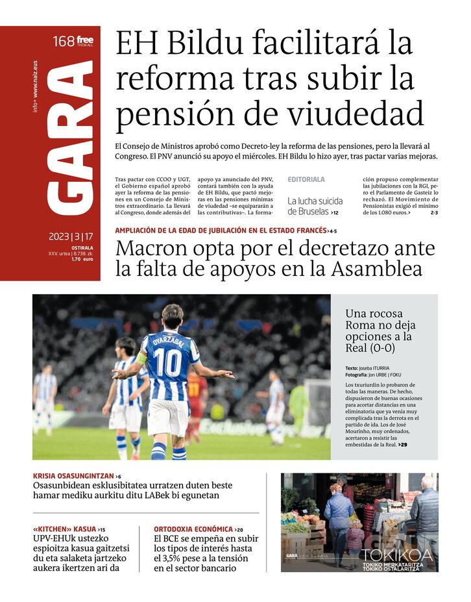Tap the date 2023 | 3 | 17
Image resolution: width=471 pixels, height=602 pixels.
coord(71,236)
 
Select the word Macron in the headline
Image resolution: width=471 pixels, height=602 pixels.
coord(151,249)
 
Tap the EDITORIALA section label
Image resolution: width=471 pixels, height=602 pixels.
coord(306,179)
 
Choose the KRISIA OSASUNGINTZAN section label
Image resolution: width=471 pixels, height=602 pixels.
coord(73,476)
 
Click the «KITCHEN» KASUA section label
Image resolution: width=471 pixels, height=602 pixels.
coord(64,529)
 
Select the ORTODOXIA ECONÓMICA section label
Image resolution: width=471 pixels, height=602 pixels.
coord(193,529)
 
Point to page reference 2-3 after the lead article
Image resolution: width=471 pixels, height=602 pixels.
coord(433,212)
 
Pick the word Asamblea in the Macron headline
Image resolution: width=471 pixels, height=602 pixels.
coord(370,270)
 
